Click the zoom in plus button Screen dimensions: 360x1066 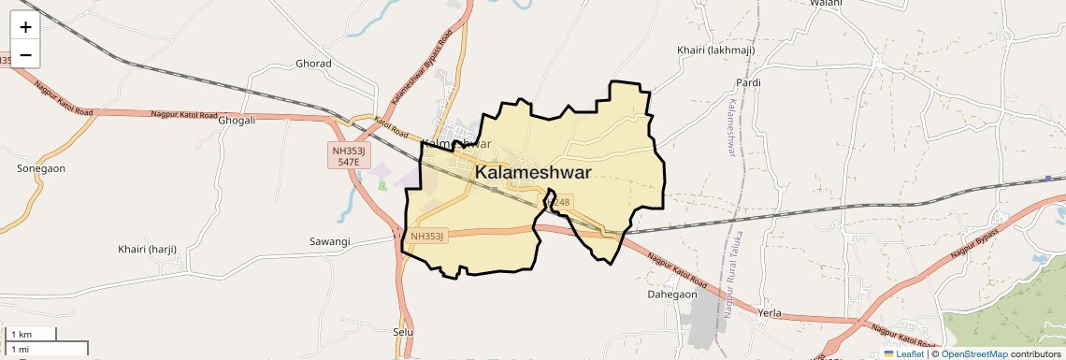point(25,26)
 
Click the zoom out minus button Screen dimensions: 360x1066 point(25,54)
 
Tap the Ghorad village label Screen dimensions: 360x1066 point(313,64)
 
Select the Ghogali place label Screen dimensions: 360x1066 point(236,121)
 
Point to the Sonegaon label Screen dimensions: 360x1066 point(41,168)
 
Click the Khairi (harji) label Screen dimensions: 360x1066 point(148,249)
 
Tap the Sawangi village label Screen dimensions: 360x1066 point(329,241)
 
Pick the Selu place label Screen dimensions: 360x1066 point(403,332)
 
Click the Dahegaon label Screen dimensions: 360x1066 point(672,294)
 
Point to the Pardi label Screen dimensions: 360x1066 point(748,83)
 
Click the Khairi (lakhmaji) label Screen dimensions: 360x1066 point(714,50)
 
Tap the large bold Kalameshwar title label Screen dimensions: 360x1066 point(533,173)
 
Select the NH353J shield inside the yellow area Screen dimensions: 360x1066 point(427,237)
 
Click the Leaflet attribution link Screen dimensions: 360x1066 point(907,353)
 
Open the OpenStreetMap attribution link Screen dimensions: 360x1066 point(974,353)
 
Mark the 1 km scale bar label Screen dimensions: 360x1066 point(21,335)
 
